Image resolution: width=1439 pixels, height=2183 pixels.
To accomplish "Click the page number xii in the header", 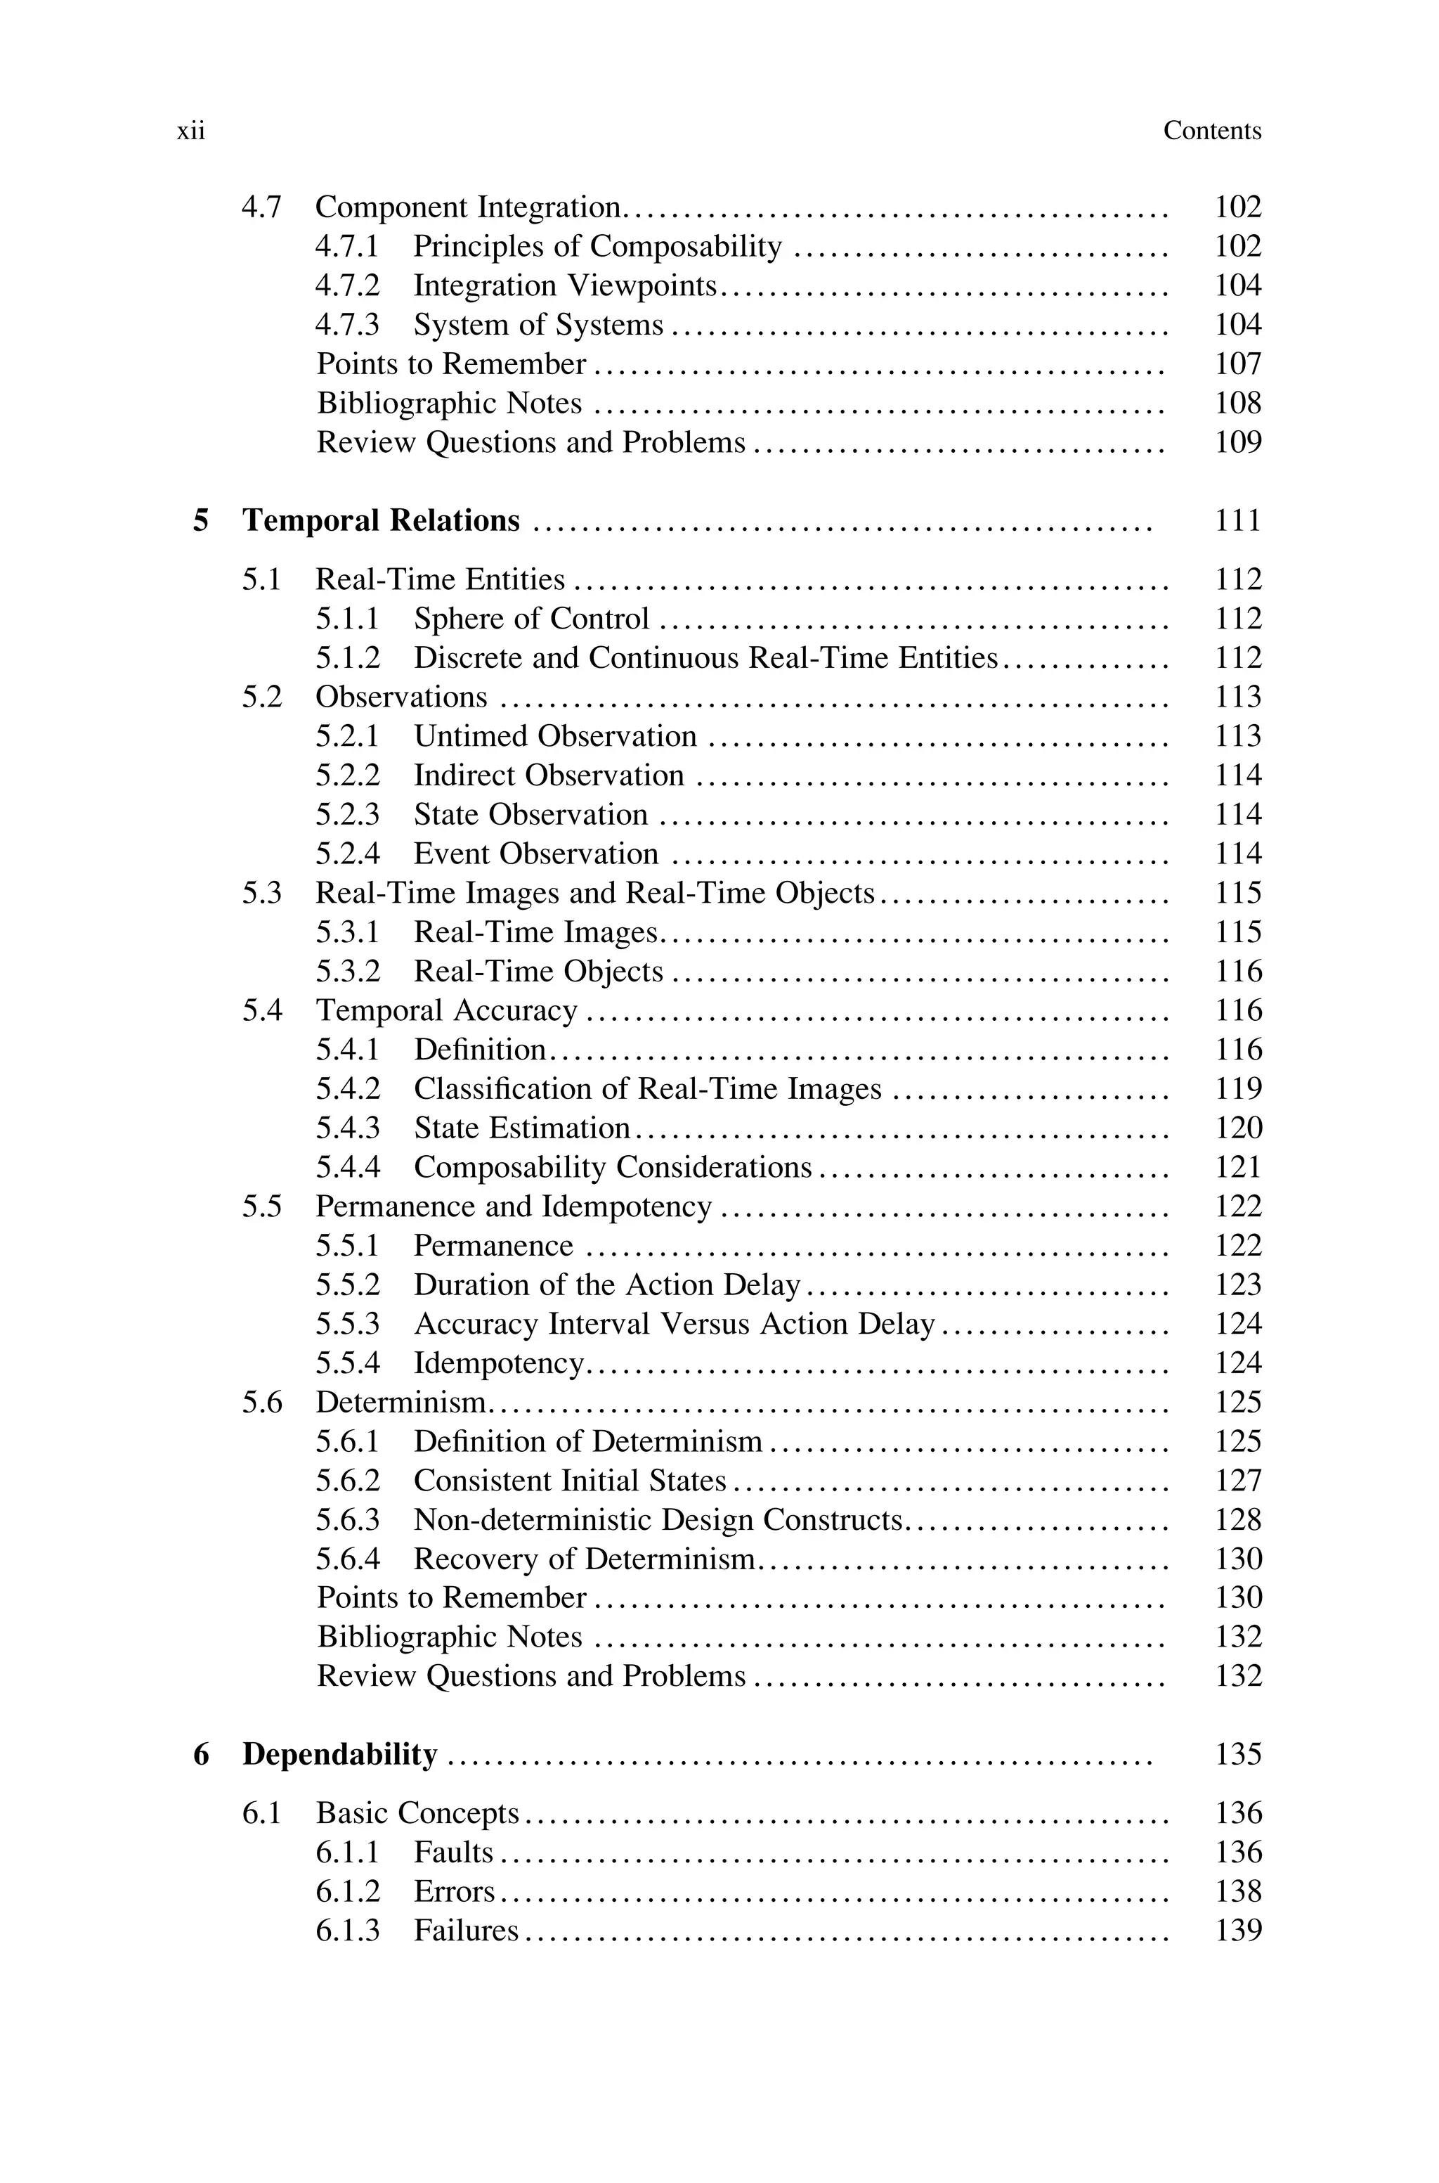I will point(191,131).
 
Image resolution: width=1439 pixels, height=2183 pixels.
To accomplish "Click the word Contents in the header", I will point(1211,131).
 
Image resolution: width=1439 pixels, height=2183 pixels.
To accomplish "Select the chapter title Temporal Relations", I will point(381,520).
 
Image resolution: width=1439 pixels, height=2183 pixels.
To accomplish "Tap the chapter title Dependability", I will point(339,1754).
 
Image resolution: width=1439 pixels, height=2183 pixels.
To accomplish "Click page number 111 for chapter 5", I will point(1238,520).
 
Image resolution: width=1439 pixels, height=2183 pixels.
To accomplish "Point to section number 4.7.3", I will point(347,325).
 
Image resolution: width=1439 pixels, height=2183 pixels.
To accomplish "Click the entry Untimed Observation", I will point(554,736).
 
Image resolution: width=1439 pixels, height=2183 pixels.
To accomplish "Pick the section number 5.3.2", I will point(347,971).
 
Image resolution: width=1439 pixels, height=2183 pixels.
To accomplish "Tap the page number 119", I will point(1238,1089).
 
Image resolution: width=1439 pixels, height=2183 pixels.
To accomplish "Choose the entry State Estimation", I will point(521,1128).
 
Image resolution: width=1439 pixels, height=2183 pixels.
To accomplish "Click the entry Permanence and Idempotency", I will point(513,1206).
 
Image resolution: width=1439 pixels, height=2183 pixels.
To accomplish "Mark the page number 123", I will point(1238,1285).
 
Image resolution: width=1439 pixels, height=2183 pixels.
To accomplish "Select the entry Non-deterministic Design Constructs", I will point(658,1520).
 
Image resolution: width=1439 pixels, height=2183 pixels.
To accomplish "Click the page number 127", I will point(1238,1481).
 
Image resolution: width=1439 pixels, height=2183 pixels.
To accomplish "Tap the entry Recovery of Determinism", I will point(584,1559).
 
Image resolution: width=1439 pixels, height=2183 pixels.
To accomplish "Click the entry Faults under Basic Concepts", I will point(453,1853).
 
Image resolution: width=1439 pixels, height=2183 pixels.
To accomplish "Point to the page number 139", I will point(1238,1931).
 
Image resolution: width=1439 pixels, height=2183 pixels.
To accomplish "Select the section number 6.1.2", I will point(347,1892).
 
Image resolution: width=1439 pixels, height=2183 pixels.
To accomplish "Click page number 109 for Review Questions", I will point(1238,442).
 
